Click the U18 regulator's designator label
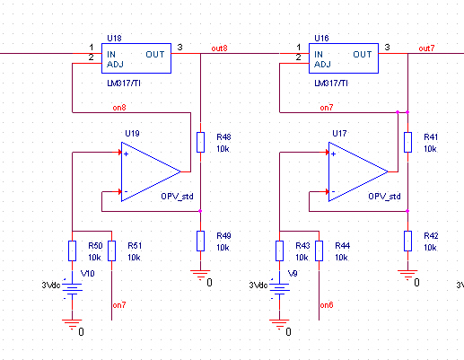coord(114,39)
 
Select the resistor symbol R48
coord(200,142)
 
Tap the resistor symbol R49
coord(200,241)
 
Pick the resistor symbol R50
coord(72,250)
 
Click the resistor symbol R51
coord(111,250)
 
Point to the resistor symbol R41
coord(407,142)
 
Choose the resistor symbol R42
coord(407,241)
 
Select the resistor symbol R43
coord(279,250)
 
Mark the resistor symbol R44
coord(319,250)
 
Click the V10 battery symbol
coord(72,289)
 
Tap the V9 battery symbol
coord(279,289)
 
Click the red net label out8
coord(219,48)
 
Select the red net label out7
coord(426,48)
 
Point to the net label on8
coord(119,108)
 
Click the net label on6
coord(327,305)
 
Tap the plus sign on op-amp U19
coord(127,154)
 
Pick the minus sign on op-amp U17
coord(334,191)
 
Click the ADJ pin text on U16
coord(322,65)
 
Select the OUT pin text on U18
coord(155,55)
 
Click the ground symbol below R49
coord(200,275)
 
